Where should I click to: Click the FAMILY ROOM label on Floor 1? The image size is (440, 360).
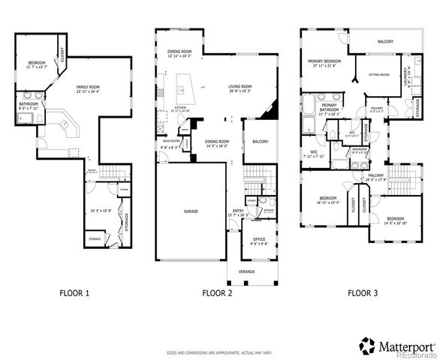tap(88, 88)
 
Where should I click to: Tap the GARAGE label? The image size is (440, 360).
tap(191, 211)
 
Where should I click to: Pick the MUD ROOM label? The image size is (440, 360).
tap(170, 140)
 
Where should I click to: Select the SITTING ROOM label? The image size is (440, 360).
tap(378, 75)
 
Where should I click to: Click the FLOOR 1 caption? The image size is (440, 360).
tap(74, 292)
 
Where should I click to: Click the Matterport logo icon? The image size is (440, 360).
tap(366, 346)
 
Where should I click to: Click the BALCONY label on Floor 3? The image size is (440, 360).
tap(386, 41)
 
